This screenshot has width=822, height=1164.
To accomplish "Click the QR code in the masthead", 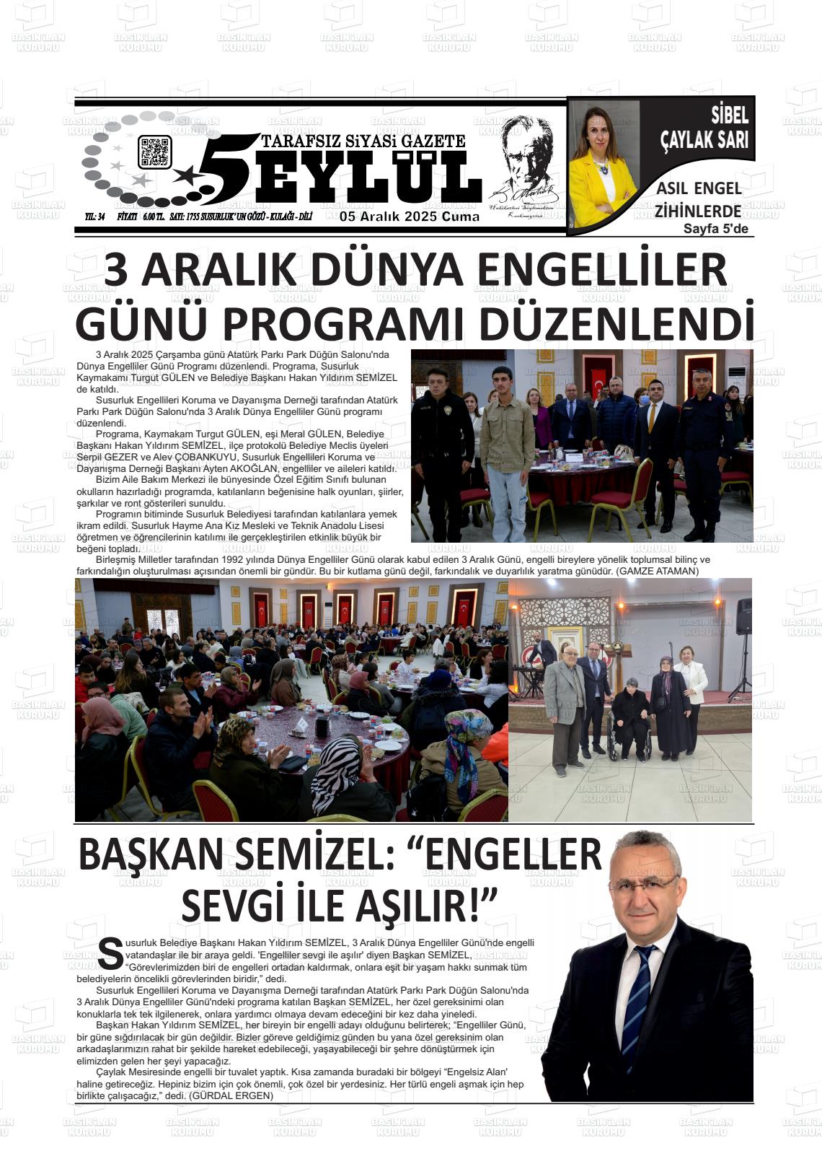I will (x=154, y=152).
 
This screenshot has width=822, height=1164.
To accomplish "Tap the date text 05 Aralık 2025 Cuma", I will (x=410, y=216).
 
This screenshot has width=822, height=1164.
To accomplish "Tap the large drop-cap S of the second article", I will (x=110, y=954).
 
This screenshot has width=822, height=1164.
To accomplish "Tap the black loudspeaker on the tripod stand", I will (x=743, y=617).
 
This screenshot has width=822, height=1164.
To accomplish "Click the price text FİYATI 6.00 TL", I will (x=141, y=216).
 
